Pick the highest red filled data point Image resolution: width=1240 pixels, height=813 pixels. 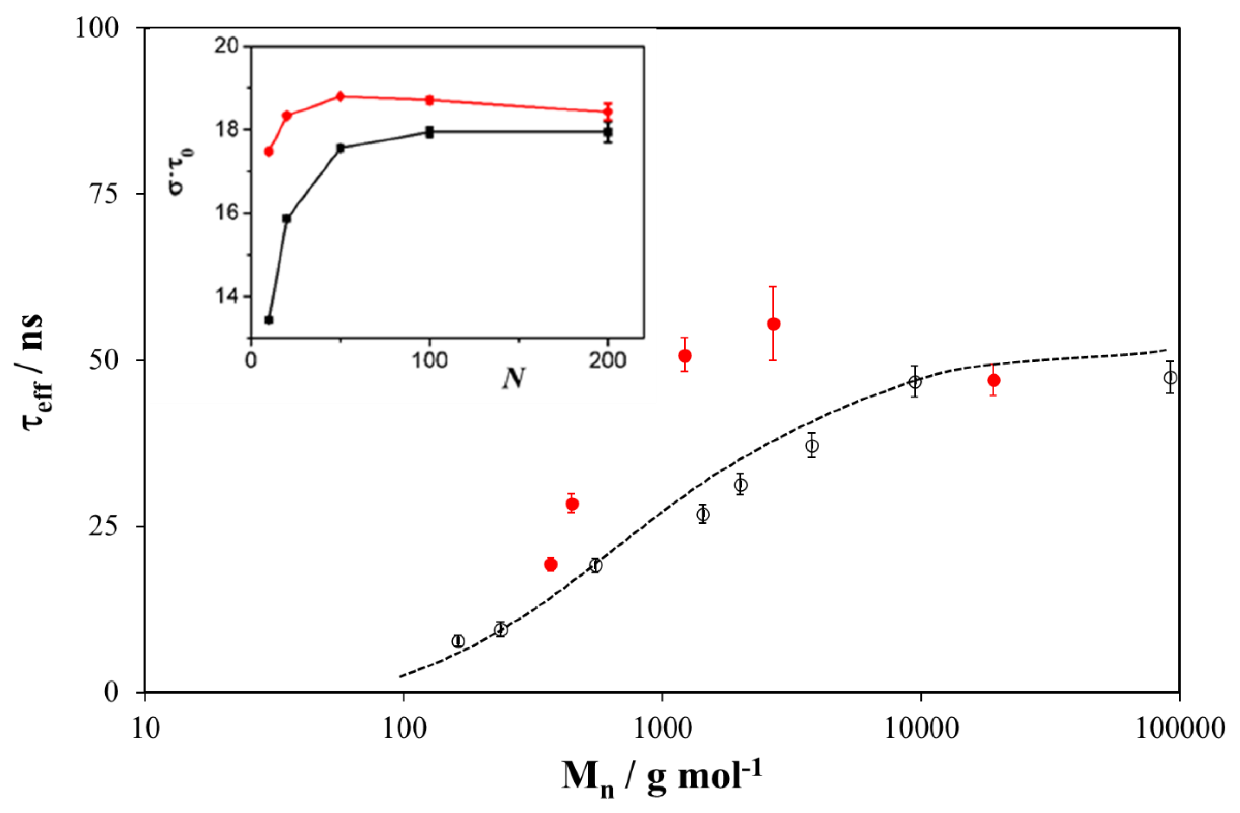click(774, 324)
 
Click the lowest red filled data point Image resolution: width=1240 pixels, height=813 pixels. click(551, 564)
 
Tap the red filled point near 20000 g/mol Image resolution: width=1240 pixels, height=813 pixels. click(993, 381)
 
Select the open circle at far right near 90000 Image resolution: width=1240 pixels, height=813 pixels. click(1170, 378)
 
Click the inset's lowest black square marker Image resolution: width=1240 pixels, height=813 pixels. click(269, 320)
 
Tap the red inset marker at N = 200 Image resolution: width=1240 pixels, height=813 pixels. click(607, 112)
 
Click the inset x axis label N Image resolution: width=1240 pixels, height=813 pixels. click(513, 379)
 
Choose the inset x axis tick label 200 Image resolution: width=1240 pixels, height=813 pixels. click(607, 360)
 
